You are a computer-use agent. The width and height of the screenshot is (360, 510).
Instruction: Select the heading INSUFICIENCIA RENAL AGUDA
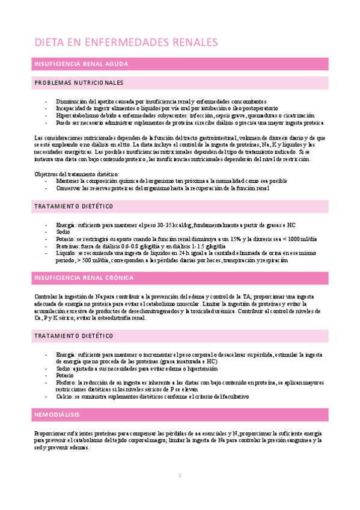(x=81, y=63)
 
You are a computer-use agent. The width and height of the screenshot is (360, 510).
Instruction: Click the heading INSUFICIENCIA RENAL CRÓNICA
(x=84, y=277)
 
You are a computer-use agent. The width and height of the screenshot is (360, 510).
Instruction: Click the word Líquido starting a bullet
(x=66, y=253)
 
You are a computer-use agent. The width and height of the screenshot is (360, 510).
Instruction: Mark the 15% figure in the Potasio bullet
(x=230, y=239)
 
